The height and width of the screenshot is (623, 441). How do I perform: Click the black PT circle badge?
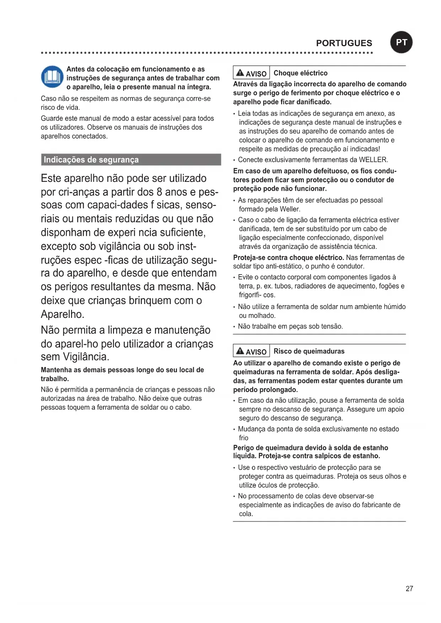pos(401,42)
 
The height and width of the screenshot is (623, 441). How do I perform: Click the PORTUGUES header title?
pos(344,43)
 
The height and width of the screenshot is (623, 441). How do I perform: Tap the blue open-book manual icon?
pos(52,76)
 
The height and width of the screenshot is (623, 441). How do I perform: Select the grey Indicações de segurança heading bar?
pos(131,160)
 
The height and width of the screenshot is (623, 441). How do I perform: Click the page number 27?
pos(409,589)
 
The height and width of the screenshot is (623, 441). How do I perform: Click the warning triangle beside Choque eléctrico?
pos(240,73)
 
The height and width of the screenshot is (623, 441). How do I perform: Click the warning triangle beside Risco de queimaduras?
pos(240,351)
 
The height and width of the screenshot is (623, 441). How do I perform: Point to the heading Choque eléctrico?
pos(301,73)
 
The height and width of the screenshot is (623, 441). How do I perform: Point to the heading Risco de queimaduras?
pos(309,351)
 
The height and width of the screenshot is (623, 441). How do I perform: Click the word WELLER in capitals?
pos(373,160)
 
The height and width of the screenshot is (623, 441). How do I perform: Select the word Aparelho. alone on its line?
pos(63,314)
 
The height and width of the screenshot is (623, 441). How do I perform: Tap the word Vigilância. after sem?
pos(86,357)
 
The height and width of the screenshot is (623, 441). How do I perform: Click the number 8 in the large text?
pos(160,192)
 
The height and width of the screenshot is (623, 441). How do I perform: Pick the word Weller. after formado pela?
pos(290,209)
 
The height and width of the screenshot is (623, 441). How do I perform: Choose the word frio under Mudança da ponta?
pos(243,438)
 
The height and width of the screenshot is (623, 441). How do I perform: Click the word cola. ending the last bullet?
pos(246,514)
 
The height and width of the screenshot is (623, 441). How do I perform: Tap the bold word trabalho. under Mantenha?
pos(55,379)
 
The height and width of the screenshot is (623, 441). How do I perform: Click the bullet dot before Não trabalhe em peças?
pos(234,327)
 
